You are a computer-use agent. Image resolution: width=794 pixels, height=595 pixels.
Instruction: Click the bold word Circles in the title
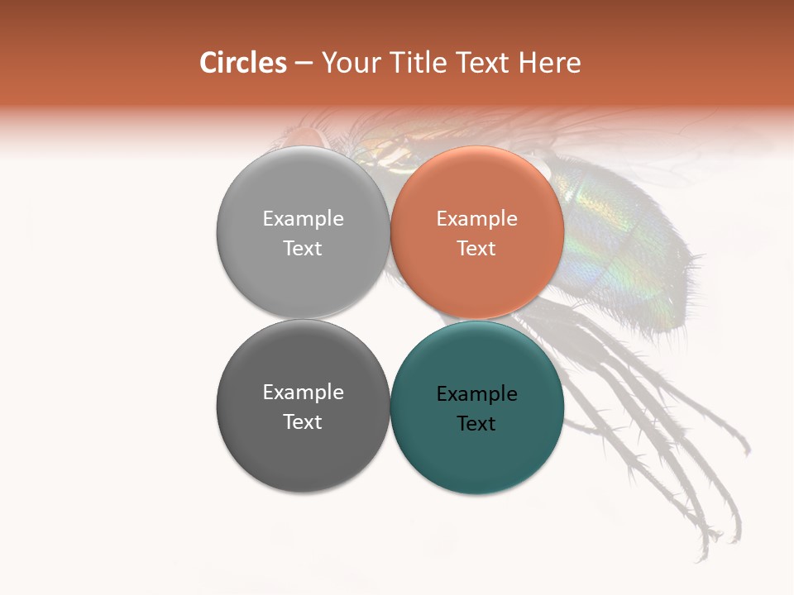pyautogui.click(x=242, y=63)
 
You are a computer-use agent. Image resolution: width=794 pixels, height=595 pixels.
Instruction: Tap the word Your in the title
pyautogui.click(x=351, y=63)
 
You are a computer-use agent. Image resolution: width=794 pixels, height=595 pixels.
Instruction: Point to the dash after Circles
pyautogui.click(x=304, y=64)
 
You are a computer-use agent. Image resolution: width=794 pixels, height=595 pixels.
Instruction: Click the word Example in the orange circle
pyautogui.click(x=477, y=218)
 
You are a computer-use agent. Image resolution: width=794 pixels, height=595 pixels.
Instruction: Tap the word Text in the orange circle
pyautogui.click(x=476, y=248)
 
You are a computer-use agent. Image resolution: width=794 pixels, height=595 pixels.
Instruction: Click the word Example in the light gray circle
pyautogui.click(x=303, y=218)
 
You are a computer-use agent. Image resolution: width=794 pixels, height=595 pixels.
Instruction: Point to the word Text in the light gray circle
pyautogui.click(x=303, y=248)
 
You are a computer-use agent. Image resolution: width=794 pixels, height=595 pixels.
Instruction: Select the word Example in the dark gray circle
pyautogui.click(x=303, y=392)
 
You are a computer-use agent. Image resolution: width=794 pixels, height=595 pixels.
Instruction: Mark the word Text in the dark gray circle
pyautogui.click(x=303, y=421)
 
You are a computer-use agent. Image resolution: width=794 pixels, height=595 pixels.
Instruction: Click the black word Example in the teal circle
pyautogui.click(x=477, y=393)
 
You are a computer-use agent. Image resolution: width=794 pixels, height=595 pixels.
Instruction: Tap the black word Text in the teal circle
pyautogui.click(x=476, y=423)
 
